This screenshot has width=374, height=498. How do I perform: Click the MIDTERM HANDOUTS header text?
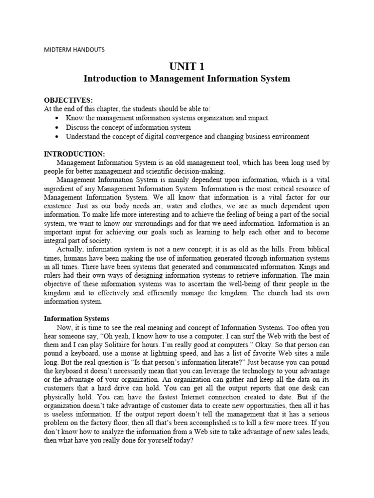click(74, 50)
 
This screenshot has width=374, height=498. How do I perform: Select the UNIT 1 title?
click(187, 66)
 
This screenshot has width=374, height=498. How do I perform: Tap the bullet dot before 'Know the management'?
click(58, 118)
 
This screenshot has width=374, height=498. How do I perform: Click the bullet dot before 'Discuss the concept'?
click(58, 127)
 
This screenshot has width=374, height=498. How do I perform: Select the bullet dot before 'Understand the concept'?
click(58, 137)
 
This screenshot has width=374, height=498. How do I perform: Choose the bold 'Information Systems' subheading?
click(76, 319)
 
